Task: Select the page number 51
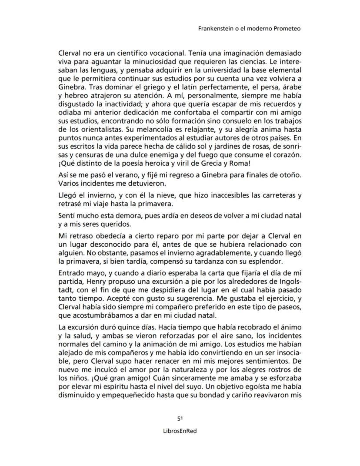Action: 180,419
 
